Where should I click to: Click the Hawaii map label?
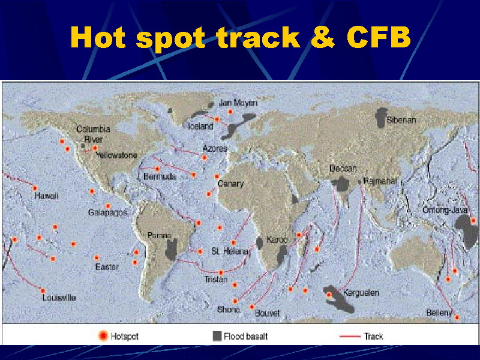pos(46,196)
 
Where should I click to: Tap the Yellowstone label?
pos(116,155)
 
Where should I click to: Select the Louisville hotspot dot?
pos(43,291)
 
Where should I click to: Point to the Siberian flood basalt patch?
pos(380,118)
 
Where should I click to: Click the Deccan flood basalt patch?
pos(341,184)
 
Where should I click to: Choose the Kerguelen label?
pos(361,293)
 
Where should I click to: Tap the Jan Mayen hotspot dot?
pos(230,112)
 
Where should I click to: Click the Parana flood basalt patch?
pos(171,250)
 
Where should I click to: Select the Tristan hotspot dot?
pos(221,272)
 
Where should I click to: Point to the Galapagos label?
pos(107,212)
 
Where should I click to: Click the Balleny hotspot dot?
pos(457,317)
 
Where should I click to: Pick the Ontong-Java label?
pos(445,210)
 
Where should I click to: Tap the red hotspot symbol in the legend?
pos(103,336)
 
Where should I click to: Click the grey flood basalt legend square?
pos(217,336)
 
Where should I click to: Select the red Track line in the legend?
pos(350,336)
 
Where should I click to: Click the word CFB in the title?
pos(379,37)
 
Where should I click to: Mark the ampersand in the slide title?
pos(323,37)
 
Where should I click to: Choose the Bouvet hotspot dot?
pos(251,307)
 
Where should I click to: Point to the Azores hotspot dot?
pos(205,158)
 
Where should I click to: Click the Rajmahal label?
pos(380,181)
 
